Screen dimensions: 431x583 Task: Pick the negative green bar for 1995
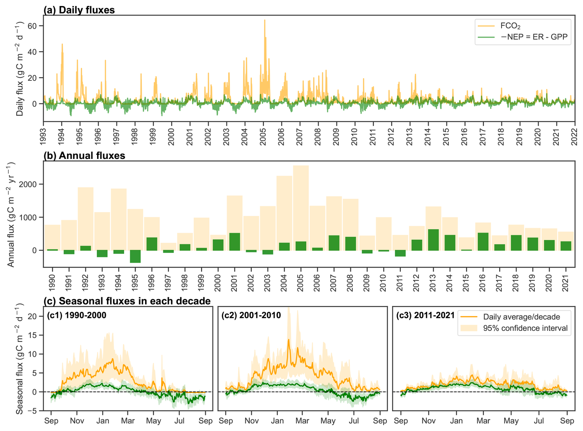pyautogui.click(x=135, y=256)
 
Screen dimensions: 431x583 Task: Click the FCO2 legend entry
pyautogui.click(x=510, y=26)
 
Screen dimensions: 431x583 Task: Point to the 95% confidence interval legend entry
pyautogui.click(x=525, y=328)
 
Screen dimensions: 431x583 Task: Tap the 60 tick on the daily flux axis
pyautogui.click(x=32, y=26)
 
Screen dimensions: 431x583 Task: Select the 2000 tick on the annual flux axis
pyautogui.click(x=28, y=184)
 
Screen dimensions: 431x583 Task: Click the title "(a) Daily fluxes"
pyautogui.click(x=79, y=10)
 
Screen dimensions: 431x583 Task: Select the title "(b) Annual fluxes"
pyautogui.click(x=84, y=156)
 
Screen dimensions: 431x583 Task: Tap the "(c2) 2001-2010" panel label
pyautogui.click(x=251, y=315)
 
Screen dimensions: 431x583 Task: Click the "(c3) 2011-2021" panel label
pyautogui.click(x=425, y=315)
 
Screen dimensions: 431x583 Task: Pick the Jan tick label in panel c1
pyautogui.click(x=103, y=421)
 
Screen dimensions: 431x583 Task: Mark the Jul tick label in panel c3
pyautogui.click(x=539, y=421)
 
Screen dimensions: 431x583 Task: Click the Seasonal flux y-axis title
pyautogui.click(x=19, y=359)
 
